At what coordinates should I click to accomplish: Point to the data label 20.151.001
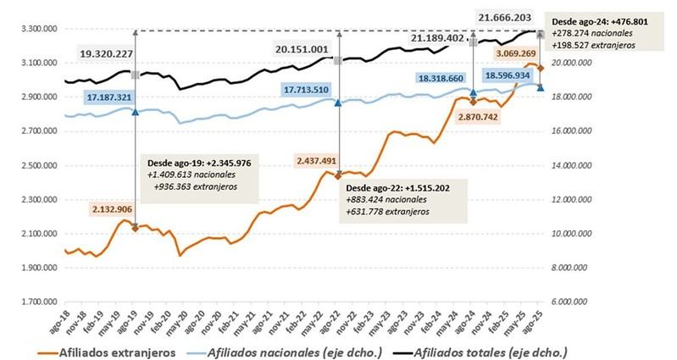(302, 50)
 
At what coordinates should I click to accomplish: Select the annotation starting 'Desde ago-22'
(402, 200)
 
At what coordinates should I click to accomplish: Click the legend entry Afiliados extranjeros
(119, 351)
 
